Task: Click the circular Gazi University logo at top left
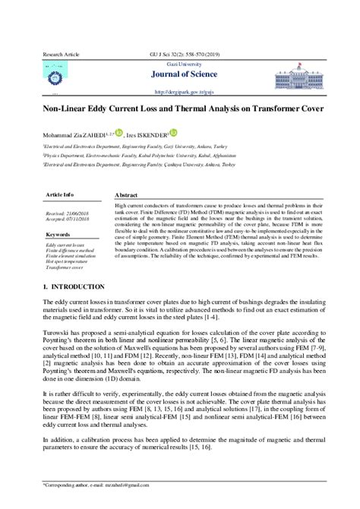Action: click(55, 76)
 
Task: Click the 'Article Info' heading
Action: click(61, 194)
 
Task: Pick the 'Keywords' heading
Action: click(58, 235)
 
